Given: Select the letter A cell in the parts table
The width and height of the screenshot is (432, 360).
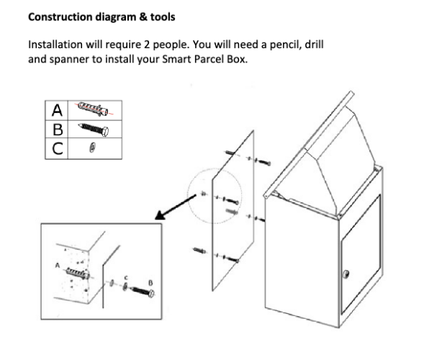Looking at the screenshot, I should [x=58, y=110].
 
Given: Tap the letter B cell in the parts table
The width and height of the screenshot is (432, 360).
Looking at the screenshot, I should [x=58, y=129].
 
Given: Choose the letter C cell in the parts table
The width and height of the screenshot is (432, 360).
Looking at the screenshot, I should [x=58, y=148].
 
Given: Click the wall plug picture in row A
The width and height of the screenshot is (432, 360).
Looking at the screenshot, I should [x=94, y=109].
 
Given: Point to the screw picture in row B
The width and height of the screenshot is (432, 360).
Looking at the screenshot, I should [x=93, y=129].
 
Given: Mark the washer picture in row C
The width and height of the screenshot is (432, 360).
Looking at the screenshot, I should [x=91, y=148].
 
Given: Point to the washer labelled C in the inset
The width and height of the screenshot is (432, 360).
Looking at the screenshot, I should [x=125, y=287].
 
